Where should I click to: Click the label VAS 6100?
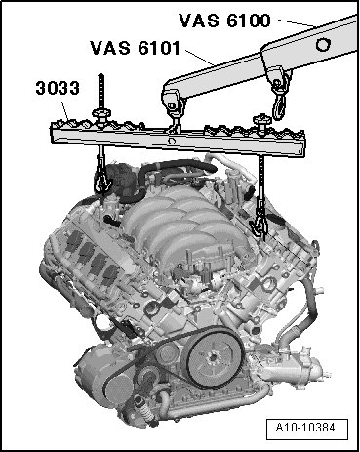click(224, 21)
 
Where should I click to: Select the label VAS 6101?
click(135, 48)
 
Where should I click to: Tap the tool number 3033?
click(58, 88)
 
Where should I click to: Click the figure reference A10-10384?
click(305, 428)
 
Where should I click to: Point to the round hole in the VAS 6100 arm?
click(323, 44)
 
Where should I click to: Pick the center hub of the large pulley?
click(213, 357)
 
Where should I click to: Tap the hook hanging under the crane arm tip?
click(280, 100)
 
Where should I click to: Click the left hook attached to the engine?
click(100, 182)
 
